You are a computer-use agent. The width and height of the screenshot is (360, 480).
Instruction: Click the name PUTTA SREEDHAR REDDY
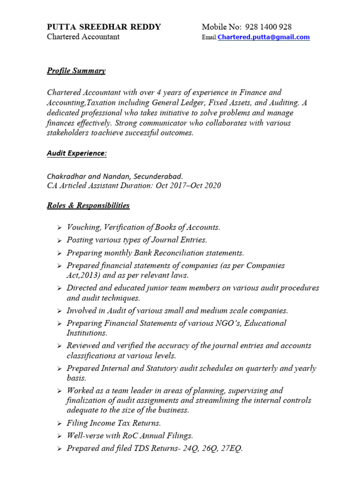(x=104, y=27)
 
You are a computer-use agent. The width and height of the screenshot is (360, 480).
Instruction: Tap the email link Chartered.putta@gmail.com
(x=264, y=37)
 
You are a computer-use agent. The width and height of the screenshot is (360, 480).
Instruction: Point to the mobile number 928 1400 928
(x=266, y=27)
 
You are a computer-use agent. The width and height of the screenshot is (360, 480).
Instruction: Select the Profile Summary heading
(x=76, y=71)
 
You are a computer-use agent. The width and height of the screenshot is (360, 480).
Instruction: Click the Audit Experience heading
(x=76, y=153)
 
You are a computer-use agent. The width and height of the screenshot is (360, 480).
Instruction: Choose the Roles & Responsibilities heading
(x=88, y=205)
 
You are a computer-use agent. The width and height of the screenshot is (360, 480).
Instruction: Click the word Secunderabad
(x=158, y=176)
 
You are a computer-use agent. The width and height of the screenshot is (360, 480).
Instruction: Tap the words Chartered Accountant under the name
(x=83, y=37)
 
